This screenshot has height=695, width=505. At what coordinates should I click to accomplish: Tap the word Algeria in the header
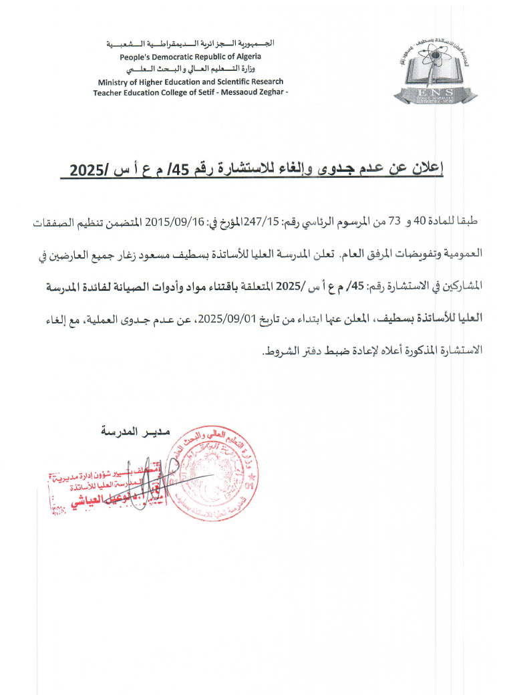(x=248, y=56)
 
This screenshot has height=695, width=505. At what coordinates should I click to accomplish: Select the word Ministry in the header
(x=112, y=82)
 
